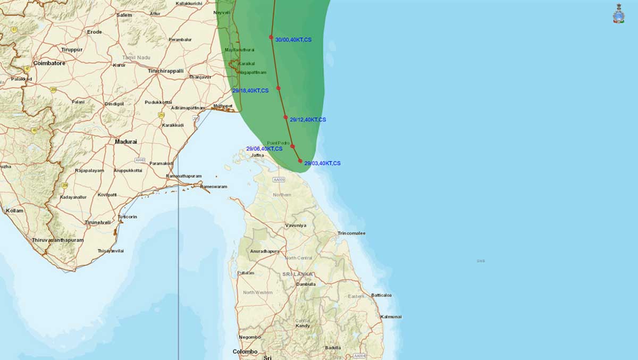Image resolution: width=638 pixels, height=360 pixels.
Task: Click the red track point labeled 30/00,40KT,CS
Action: click(271, 37)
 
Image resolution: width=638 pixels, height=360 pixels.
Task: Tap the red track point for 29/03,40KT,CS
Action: click(300, 161)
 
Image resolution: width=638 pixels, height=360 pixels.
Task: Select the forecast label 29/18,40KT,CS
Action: click(250, 91)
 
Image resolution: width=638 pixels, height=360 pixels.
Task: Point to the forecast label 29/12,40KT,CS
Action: click(308, 120)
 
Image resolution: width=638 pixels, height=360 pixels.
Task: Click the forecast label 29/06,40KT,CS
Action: click(264, 149)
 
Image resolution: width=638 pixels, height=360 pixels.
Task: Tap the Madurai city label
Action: click(126, 142)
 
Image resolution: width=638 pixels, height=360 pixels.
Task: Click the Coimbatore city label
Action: click(49, 63)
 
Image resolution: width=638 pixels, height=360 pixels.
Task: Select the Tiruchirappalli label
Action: click(165, 71)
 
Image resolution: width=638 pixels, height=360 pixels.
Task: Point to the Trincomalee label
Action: click(351, 233)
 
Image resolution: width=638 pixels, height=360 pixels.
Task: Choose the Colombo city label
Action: click(245, 351)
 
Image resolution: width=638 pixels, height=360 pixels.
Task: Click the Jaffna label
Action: click(257, 155)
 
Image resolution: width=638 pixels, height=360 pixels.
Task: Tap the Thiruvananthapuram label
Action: click(57, 240)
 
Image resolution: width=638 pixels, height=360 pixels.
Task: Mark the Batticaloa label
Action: click(381, 295)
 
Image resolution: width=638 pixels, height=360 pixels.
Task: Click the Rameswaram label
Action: click(214, 187)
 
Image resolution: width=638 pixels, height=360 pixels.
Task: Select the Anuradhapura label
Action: click(265, 251)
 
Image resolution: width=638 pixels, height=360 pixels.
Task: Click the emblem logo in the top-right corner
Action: click(619, 14)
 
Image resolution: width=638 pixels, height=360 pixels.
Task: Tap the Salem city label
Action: click(124, 15)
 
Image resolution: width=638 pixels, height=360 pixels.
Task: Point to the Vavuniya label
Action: click(296, 225)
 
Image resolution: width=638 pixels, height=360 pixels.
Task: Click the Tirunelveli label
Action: click(98, 222)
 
